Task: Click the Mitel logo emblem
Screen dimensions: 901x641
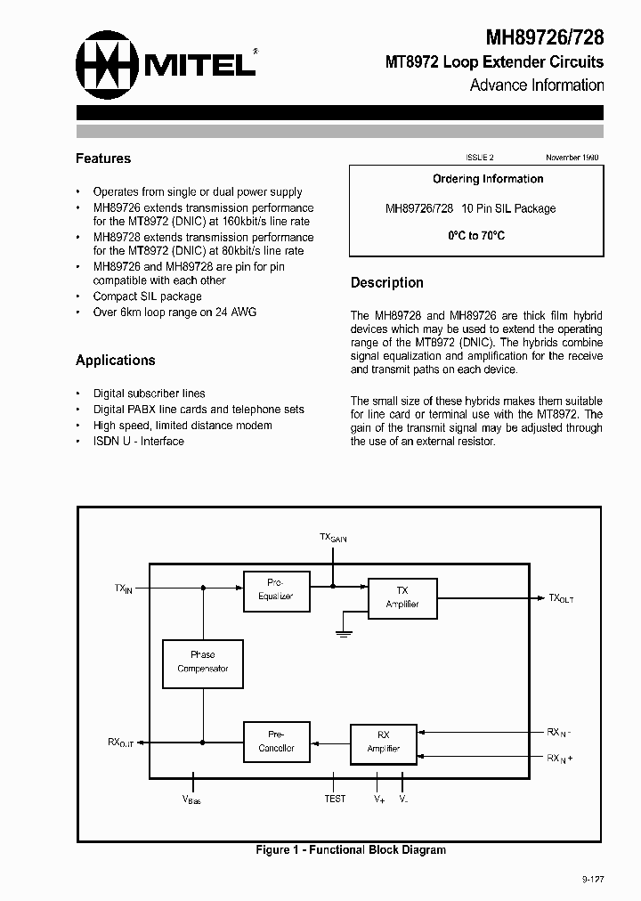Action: (107, 62)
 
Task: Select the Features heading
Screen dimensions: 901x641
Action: (103, 158)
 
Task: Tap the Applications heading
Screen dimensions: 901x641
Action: (115, 361)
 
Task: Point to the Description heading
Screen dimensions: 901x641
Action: (386, 282)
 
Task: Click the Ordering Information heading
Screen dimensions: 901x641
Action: (487, 179)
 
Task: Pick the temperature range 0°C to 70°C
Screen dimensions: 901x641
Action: (475, 236)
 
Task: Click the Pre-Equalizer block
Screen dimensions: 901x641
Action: (276, 590)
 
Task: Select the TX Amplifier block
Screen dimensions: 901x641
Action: (402, 597)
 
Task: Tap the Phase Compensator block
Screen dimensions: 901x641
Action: (202, 662)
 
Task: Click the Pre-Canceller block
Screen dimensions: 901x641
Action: (276, 742)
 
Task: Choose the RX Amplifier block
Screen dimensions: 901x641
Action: (383, 742)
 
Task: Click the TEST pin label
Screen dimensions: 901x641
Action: (335, 800)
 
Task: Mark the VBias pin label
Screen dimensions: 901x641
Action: (191, 800)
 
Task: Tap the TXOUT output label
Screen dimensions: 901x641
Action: (561, 599)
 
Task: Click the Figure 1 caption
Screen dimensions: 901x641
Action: (351, 850)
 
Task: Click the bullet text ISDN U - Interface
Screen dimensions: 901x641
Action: (138, 442)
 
